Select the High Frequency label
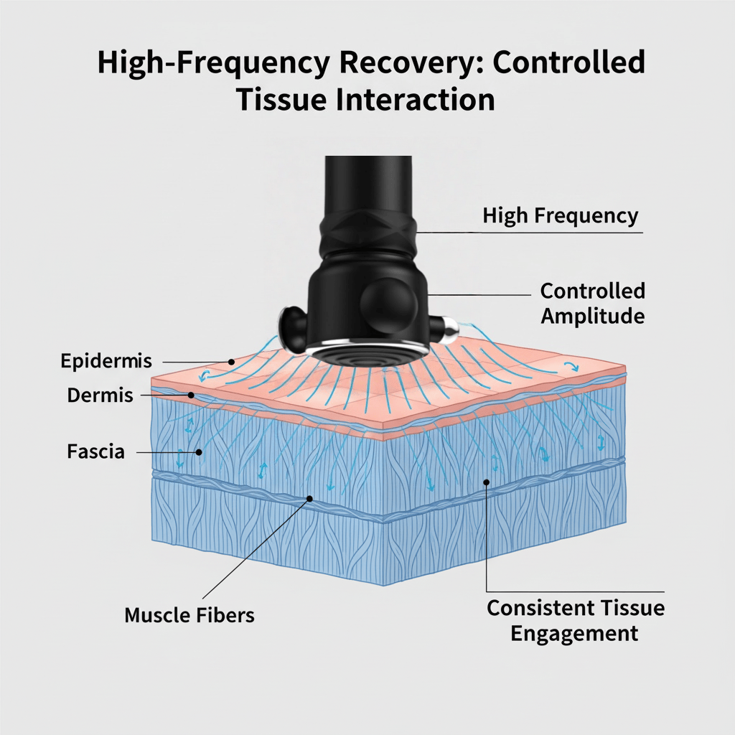pos(560,215)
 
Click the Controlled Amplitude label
pos(592,303)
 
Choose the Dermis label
pos(100,395)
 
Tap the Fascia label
pos(95,452)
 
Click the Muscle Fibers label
pos(189,615)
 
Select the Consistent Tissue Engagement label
pos(576,620)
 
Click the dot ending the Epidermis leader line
pos(231,362)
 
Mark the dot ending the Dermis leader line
pos(191,395)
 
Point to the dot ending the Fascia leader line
pos(199,452)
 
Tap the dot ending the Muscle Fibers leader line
pos(310,498)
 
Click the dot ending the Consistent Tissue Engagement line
pos(487,482)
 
